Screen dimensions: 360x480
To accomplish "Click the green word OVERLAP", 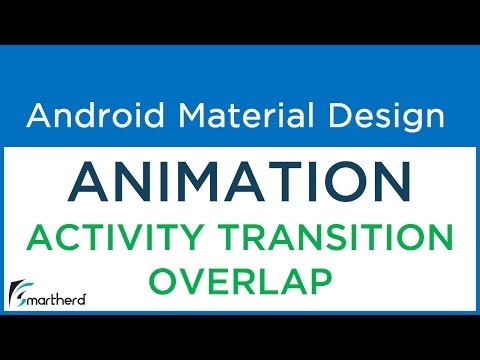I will pyautogui.click(x=239, y=282).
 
